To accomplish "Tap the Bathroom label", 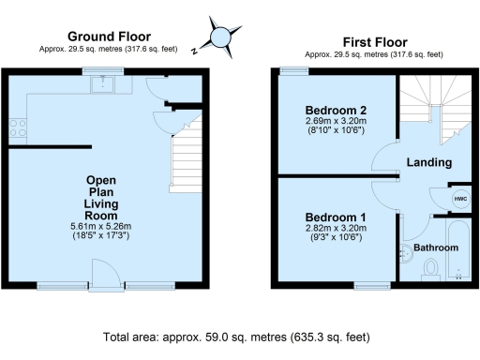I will pos(437,247).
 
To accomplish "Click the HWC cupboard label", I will pos(460,199).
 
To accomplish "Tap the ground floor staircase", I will pos(188,158).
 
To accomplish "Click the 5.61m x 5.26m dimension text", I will pos(100,227).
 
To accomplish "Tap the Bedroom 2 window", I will pos(293,70).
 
